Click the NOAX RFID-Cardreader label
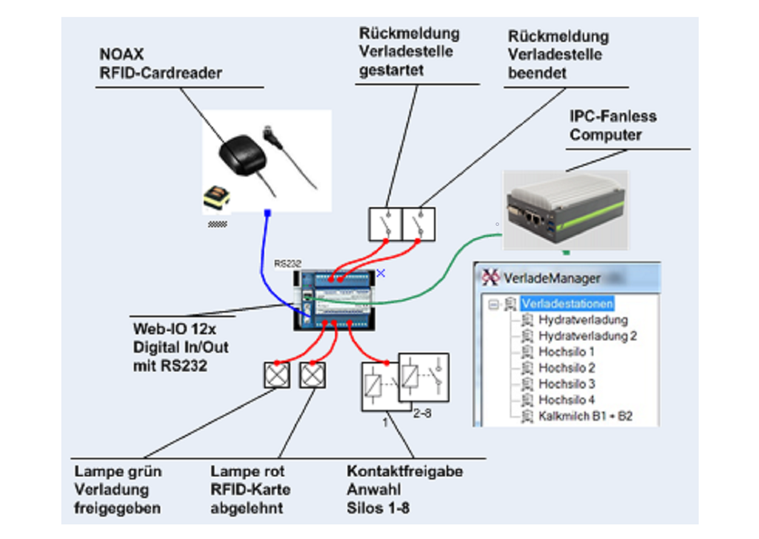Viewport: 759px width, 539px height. click(161, 63)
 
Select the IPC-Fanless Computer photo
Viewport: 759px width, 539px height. click(566, 210)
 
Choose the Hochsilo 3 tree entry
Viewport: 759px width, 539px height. click(566, 384)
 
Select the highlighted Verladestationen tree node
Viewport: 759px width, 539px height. click(567, 303)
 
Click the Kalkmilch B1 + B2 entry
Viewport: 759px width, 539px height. click(585, 416)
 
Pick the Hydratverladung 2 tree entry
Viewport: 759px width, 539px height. click(587, 336)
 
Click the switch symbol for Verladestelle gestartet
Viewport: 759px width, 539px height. click(385, 225)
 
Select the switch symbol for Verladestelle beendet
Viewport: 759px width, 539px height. click(418, 225)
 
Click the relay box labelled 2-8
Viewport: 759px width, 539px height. click(424, 377)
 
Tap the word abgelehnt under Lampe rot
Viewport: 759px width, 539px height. click(247, 508)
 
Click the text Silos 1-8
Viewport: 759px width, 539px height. click(378, 508)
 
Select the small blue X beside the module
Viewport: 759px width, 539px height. click(381, 273)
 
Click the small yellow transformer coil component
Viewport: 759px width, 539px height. click(215, 199)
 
